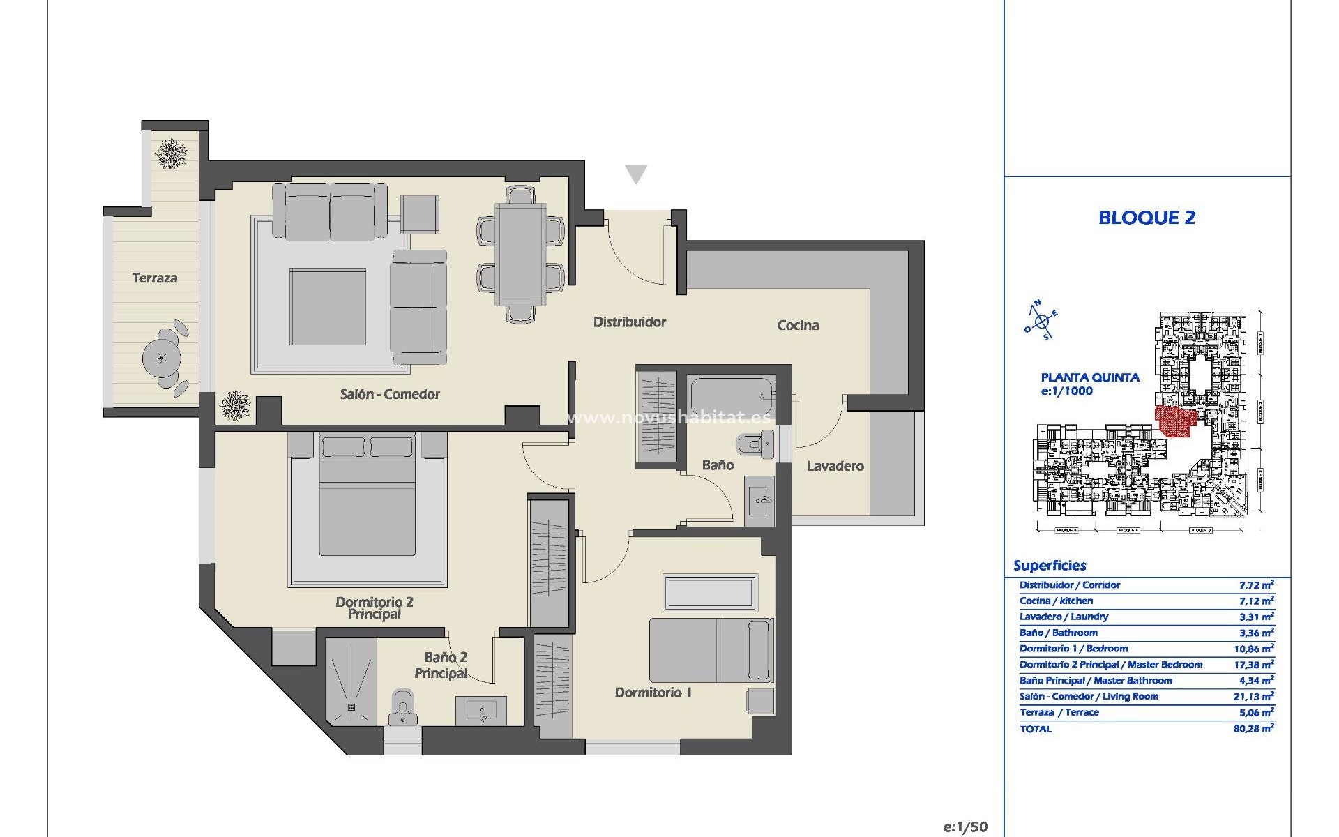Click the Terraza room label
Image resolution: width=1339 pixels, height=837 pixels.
click(x=155, y=278)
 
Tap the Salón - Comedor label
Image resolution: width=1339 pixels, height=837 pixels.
click(x=390, y=394)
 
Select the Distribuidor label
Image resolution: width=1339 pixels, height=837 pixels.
click(x=629, y=322)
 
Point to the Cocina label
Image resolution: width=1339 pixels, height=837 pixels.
click(x=798, y=325)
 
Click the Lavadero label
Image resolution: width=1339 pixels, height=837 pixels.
click(x=835, y=466)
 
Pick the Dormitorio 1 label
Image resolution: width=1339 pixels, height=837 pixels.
click(x=653, y=693)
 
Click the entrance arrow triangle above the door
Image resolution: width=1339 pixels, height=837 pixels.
click(x=636, y=174)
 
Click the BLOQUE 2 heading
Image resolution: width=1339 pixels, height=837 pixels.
click(x=1147, y=218)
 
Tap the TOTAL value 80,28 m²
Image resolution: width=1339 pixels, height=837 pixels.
click(x=1253, y=728)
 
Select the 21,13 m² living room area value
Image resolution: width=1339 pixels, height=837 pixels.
click(x=1253, y=696)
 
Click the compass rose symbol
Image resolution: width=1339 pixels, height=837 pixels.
click(x=1042, y=322)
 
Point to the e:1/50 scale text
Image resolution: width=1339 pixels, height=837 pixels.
click(x=965, y=827)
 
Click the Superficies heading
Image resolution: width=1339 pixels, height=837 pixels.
click(x=1050, y=566)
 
